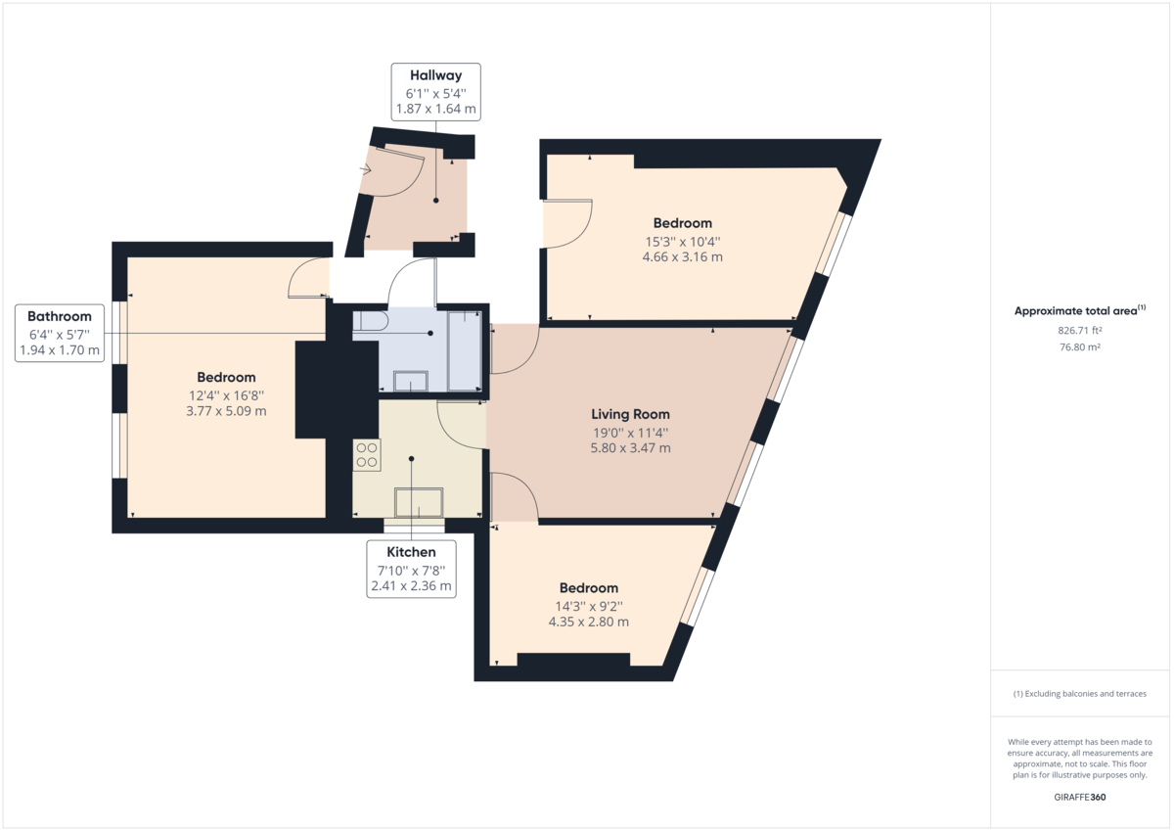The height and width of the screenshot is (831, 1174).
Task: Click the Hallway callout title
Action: tap(435, 75)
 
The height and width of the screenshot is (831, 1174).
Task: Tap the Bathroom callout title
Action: tap(60, 316)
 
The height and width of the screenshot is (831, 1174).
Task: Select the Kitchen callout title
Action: tap(411, 553)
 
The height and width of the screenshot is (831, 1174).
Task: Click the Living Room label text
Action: tap(630, 414)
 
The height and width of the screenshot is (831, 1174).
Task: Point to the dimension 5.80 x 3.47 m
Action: tap(630, 447)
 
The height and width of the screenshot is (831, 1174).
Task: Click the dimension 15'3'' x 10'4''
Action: tap(683, 241)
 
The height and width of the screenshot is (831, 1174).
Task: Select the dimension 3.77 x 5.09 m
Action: tap(226, 410)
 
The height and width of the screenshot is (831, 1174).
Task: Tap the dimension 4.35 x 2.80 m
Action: tap(588, 621)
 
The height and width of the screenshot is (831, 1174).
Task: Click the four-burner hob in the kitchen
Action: tap(367, 454)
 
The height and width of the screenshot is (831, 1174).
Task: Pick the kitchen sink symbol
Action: tap(419, 502)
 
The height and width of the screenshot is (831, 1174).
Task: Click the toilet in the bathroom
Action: tap(371, 321)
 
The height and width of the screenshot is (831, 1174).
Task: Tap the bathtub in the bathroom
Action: tap(464, 349)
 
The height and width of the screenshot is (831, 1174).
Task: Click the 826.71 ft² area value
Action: tap(1079, 331)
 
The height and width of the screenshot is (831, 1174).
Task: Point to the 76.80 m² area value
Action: tap(1079, 346)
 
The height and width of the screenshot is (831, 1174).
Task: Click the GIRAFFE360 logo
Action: tap(1080, 797)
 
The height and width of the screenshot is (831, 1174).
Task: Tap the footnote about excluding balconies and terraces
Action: tap(1080, 694)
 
